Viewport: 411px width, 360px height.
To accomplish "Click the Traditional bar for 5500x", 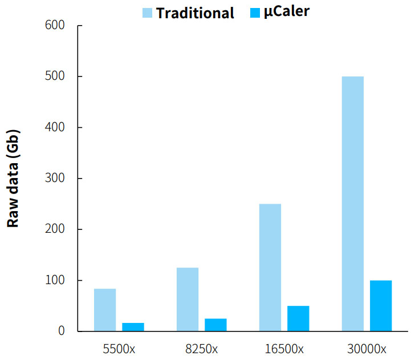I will click(105, 310).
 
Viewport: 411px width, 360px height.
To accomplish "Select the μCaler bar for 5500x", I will click(133, 327).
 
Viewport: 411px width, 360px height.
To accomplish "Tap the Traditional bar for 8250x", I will click(188, 300).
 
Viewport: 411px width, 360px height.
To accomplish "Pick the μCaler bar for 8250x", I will click(216, 325).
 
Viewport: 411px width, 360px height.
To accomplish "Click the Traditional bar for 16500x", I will click(270, 268).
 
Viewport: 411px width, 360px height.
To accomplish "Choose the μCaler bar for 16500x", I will click(298, 318).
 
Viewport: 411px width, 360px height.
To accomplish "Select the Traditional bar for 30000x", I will click(352, 204).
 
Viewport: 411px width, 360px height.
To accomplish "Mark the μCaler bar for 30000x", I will click(381, 306).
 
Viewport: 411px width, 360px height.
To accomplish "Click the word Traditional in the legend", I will click(195, 13).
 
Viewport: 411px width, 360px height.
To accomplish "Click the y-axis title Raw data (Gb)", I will click(14, 179).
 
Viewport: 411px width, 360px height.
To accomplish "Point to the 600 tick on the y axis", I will click(55, 26).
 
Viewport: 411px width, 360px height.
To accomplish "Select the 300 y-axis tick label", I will click(55, 179).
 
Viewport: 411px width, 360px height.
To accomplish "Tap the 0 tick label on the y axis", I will click(62, 331).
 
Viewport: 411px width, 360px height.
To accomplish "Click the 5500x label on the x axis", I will click(119, 349).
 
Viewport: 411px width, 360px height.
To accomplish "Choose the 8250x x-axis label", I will click(202, 349).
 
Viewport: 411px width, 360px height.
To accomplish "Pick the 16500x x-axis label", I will click(284, 349).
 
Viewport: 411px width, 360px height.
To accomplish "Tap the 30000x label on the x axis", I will click(367, 349).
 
